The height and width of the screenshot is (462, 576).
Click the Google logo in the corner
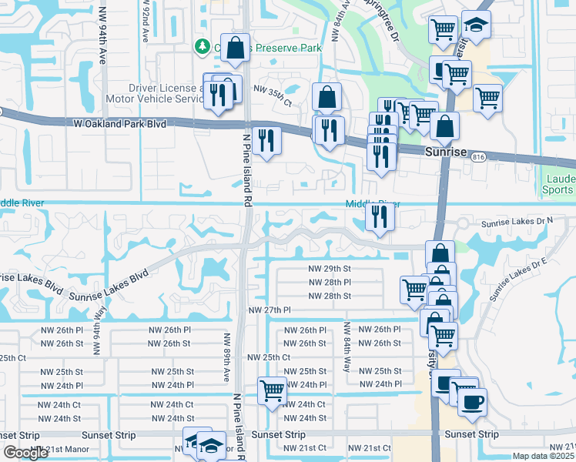click(x=25, y=453)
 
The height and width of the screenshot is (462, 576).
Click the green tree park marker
click(x=203, y=46)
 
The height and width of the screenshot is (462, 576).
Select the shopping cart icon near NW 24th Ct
click(x=272, y=391)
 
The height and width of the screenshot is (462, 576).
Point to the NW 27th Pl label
click(x=270, y=310)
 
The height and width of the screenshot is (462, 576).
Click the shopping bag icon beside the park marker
click(x=236, y=47)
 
